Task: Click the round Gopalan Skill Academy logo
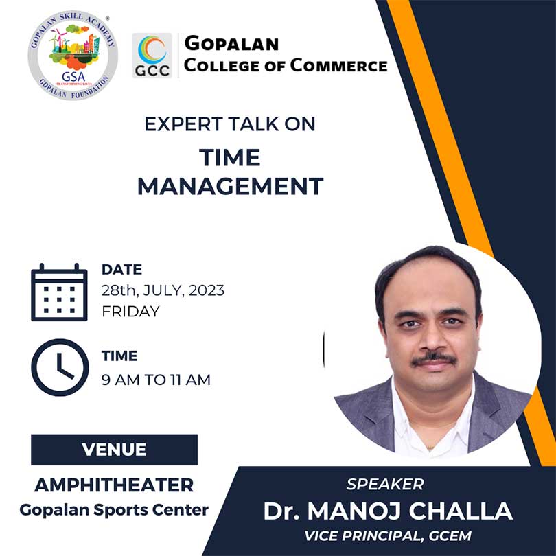pos(73,56)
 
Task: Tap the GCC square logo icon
pos(152,56)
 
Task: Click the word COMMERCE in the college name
pos(338,66)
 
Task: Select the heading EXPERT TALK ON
pos(230,124)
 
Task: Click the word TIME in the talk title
pos(230,157)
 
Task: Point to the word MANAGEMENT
pos(230,187)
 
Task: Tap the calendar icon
pos(59,292)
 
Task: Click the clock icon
pos(60,367)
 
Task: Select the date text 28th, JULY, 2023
pos(163,290)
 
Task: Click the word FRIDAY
pos(130,312)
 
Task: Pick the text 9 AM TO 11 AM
pos(156,380)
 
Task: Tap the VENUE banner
pos(114,450)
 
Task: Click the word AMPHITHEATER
pos(114,485)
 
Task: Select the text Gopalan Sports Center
pos(114,510)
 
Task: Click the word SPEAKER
pos(385,485)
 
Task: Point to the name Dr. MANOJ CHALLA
pos(388,511)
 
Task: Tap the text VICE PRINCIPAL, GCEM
pos(388,536)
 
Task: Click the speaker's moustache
pos(433,359)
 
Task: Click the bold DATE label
pos(121,270)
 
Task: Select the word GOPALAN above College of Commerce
pos(231,43)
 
